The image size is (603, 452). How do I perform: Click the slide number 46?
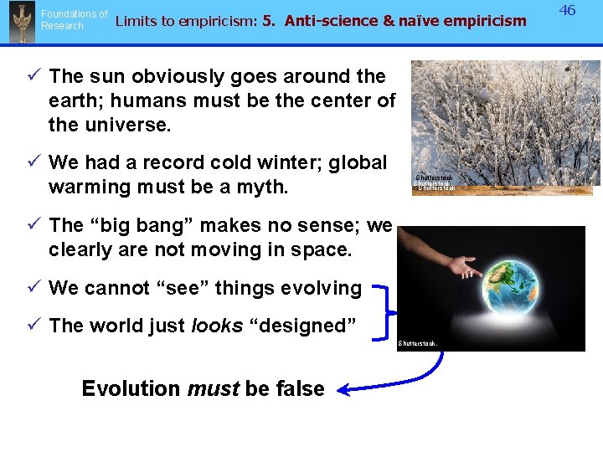pos(568,11)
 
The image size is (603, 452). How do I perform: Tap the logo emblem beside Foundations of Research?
pos(20,22)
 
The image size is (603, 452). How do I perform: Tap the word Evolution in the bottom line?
pos(131,388)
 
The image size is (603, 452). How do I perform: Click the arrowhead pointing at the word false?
pos(343,388)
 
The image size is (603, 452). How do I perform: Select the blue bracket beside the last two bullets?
pos(383,307)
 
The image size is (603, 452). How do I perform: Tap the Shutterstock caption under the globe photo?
pos(417,344)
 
